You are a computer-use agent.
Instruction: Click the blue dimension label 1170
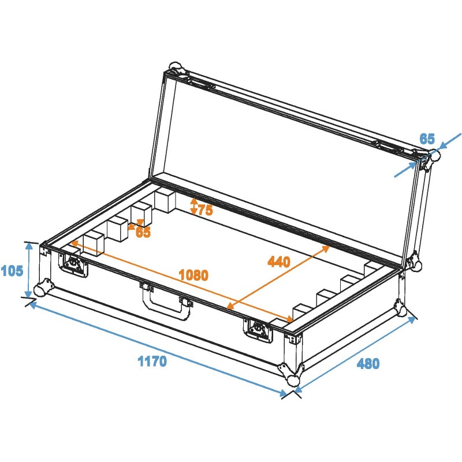pyautogui.click(x=152, y=362)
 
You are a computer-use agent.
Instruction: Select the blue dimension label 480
pyautogui.click(x=368, y=364)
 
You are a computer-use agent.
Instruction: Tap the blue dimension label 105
pyautogui.click(x=12, y=270)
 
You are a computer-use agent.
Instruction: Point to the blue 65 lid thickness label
pyautogui.click(x=427, y=139)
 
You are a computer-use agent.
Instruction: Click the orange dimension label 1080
pyautogui.click(x=193, y=275)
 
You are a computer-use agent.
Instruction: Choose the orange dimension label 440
pyautogui.click(x=279, y=262)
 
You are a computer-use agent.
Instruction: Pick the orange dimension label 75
pyautogui.click(x=205, y=210)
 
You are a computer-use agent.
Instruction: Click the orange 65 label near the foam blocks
pyautogui.click(x=143, y=233)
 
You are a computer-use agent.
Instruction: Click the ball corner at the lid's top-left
pyautogui.click(x=176, y=67)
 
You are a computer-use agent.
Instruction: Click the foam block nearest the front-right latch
pyautogui.click(x=301, y=312)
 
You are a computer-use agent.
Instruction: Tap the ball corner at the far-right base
pyautogui.click(x=404, y=310)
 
